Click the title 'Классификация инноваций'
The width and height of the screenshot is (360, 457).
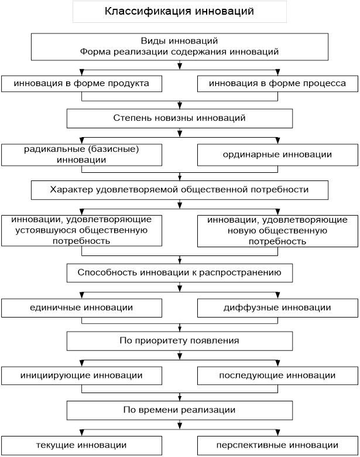click(x=180, y=11)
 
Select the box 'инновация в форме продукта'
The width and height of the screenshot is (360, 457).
click(x=81, y=84)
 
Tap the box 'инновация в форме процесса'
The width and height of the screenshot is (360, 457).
click(x=277, y=84)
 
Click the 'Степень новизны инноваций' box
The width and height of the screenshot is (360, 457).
click(x=180, y=118)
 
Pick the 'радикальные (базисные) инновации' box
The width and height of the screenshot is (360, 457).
click(x=81, y=155)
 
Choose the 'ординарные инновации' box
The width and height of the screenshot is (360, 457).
click(x=277, y=155)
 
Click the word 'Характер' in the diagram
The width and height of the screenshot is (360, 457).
click(x=71, y=190)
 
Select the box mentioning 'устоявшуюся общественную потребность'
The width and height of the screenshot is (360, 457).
click(x=81, y=230)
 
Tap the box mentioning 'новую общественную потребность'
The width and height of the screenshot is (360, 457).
click(x=277, y=231)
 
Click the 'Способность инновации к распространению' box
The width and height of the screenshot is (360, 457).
click(x=180, y=273)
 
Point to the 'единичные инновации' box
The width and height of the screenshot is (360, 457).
click(x=81, y=308)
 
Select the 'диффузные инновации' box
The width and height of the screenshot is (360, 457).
click(x=277, y=308)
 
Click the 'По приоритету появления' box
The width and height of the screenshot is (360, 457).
click(x=180, y=341)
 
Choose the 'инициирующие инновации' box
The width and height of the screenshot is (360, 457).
click(x=81, y=376)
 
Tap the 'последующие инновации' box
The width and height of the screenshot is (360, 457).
click(x=277, y=376)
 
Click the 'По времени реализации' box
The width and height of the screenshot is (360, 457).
click(x=180, y=410)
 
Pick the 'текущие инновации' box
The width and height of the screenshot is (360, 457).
click(x=81, y=446)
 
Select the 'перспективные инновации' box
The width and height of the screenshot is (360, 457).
click(x=277, y=446)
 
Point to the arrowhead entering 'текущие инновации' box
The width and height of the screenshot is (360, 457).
click(x=82, y=432)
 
